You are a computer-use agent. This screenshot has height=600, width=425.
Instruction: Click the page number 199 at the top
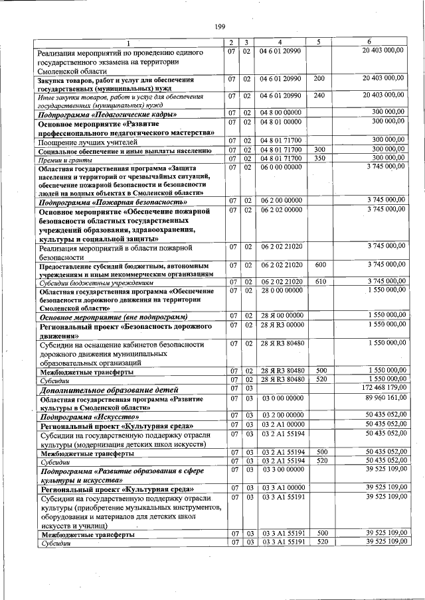coord(220,26)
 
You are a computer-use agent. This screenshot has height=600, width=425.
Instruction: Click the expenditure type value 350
coord(319,158)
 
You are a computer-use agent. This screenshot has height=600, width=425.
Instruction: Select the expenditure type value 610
coord(320,281)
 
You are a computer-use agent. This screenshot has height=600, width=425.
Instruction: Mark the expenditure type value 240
coord(319,95)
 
